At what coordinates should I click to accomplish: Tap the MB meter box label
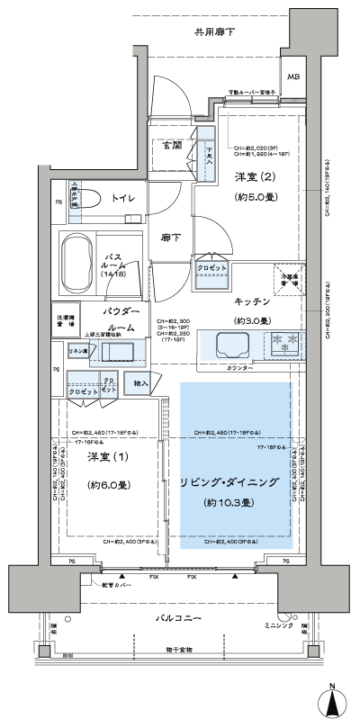click(x=294, y=77)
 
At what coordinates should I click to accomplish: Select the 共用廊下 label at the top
click(x=216, y=32)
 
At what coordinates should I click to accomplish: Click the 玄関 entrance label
click(x=174, y=144)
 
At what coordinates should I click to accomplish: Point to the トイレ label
click(x=124, y=196)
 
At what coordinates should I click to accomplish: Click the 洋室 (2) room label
click(x=254, y=176)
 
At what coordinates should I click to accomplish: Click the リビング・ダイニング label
click(x=237, y=482)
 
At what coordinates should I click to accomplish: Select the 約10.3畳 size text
click(x=231, y=501)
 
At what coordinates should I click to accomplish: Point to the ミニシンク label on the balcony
click(x=278, y=625)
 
